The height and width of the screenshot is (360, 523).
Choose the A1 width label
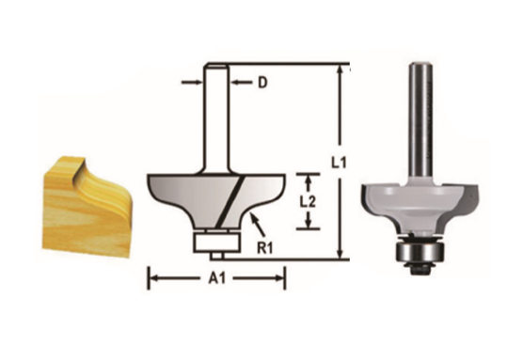click(x=217, y=278)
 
